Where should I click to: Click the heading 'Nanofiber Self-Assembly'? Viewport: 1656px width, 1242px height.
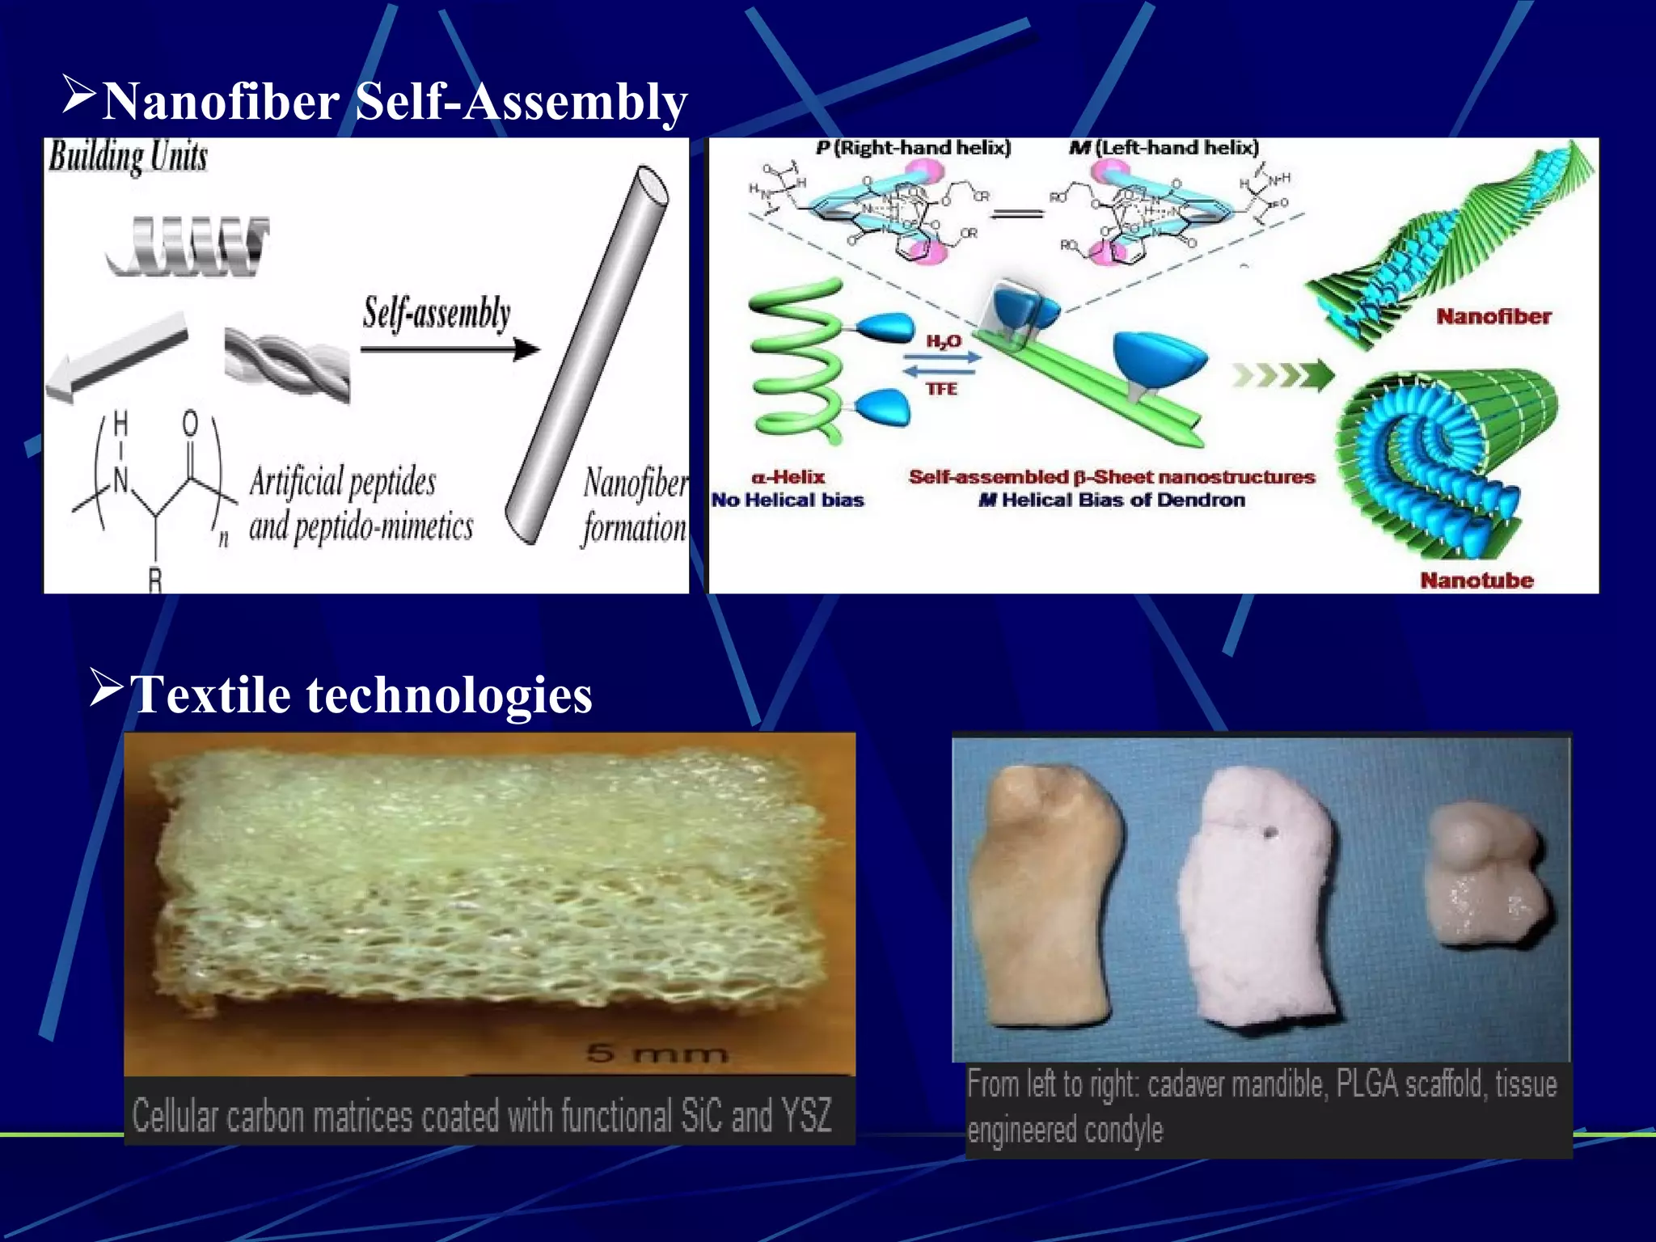pyautogui.click(x=395, y=102)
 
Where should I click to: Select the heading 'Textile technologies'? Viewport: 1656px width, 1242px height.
pyautogui.click(x=361, y=695)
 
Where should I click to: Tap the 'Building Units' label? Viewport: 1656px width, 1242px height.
pyautogui.click(x=128, y=156)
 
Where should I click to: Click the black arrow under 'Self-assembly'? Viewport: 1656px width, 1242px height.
pyautogui.click(x=450, y=349)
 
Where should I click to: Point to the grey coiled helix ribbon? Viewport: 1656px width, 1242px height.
pyautogui.click(x=188, y=243)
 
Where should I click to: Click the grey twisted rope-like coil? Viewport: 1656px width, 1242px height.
pyautogui.click(x=287, y=365)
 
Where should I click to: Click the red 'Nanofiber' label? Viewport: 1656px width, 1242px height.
pyautogui.click(x=1493, y=316)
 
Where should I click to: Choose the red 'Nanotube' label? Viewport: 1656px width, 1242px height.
pyautogui.click(x=1476, y=580)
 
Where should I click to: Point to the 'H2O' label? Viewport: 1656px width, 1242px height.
pyautogui.click(x=943, y=341)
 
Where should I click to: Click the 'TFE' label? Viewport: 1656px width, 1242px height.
pyautogui.click(x=941, y=389)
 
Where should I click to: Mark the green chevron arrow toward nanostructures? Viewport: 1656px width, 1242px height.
pyautogui.click(x=1282, y=375)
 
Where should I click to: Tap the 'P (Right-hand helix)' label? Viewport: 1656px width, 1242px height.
pyautogui.click(x=913, y=148)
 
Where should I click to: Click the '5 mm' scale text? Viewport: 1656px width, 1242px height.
pyautogui.click(x=657, y=1054)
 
